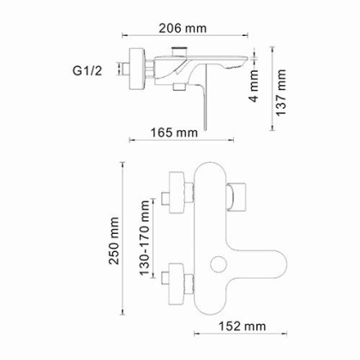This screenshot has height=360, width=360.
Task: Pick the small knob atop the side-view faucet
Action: [180, 55]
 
